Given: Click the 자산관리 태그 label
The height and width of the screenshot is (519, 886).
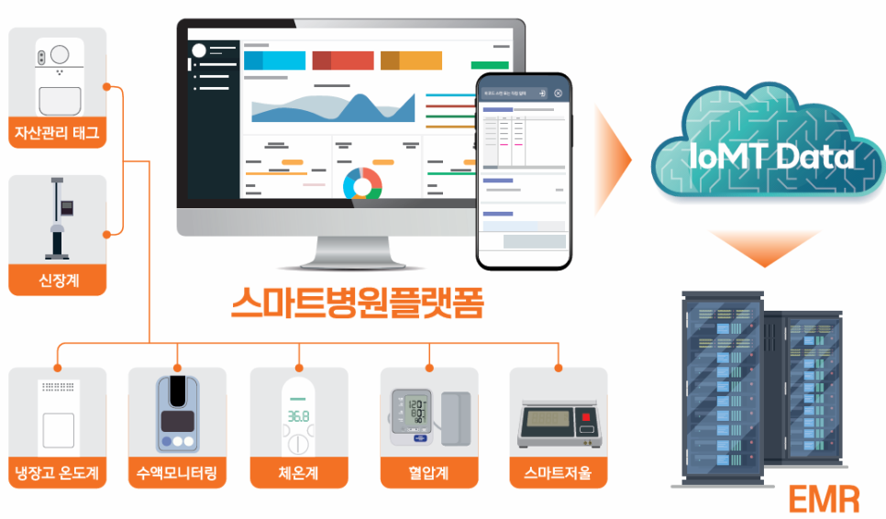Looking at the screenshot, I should pos(58,134).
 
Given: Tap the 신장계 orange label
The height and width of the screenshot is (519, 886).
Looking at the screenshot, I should pos(58,281).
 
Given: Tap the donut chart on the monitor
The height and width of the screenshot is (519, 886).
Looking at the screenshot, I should pos(362,182).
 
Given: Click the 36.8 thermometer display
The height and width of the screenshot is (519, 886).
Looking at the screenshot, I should pos(298,415).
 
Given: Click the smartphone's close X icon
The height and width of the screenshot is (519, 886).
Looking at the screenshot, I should pos(558,94).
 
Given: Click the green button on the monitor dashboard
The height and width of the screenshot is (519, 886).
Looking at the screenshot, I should pos(489,65).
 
